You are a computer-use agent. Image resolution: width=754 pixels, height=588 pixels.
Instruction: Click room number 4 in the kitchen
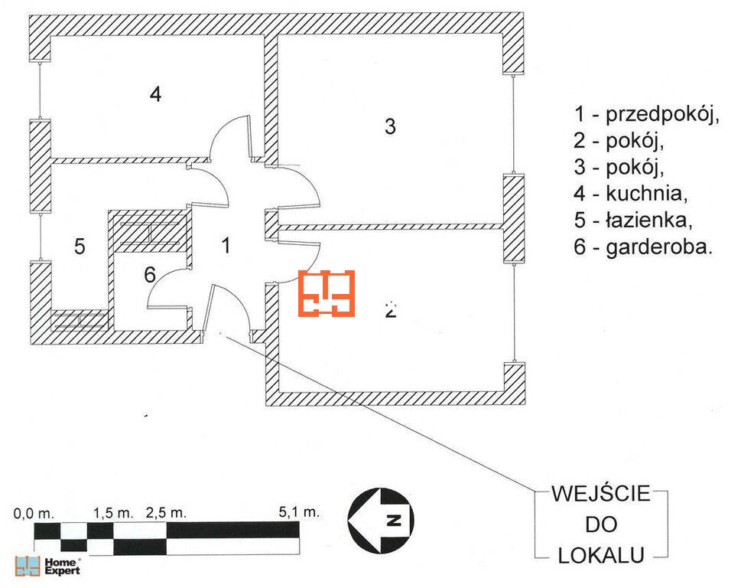[155, 95]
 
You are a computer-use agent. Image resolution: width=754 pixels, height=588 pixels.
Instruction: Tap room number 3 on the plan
[390, 126]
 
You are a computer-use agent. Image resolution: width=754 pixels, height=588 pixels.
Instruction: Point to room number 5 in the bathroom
[80, 247]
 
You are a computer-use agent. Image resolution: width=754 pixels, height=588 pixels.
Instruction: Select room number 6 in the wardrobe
[150, 273]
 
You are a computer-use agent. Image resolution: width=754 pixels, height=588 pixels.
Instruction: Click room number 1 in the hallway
[226, 245]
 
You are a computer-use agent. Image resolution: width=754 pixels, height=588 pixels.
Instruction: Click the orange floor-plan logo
[327, 292]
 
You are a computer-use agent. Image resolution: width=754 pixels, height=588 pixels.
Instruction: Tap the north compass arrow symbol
[381, 521]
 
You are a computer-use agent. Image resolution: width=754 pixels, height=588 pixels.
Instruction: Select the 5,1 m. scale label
[299, 511]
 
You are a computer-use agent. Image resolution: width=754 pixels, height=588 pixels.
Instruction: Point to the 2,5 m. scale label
[165, 511]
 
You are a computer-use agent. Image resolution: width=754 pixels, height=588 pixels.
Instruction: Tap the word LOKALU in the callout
[600, 555]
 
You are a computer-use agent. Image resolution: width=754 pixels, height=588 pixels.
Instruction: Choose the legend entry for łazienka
[634, 221]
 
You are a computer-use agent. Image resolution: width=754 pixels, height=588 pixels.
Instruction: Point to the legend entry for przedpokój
[648, 115]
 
